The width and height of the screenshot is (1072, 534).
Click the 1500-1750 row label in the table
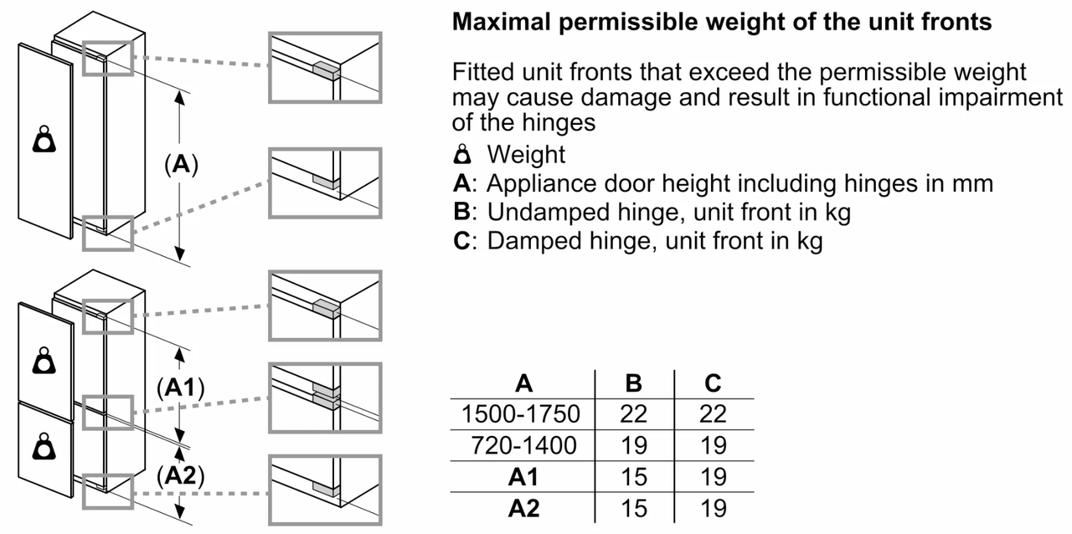[x=521, y=414]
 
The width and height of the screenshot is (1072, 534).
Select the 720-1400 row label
[x=523, y=445]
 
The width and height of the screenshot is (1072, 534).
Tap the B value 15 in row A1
[x=634, y=477]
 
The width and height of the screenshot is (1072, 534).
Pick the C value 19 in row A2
[x=713, y=508]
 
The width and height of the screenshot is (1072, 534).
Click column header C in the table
[x=713, y=383]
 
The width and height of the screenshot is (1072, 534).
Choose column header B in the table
[x=634, y=383]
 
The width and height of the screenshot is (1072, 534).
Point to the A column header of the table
[x=523, y=383]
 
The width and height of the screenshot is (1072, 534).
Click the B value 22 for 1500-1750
[x=634, y=414]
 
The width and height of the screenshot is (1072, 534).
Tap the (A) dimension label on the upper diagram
[x=181, y=164]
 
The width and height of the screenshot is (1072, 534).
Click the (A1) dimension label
[x=180, y=388]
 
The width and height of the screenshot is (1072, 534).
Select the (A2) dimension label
[x=180, y=475]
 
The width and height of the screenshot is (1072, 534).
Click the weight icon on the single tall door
[x=44, y=139]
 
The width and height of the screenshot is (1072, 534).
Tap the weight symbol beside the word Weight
[x=462, y=154]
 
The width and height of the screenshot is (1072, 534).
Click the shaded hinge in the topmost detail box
[x=327, y=71]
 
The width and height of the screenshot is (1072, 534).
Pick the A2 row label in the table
[x=523, y=508]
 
